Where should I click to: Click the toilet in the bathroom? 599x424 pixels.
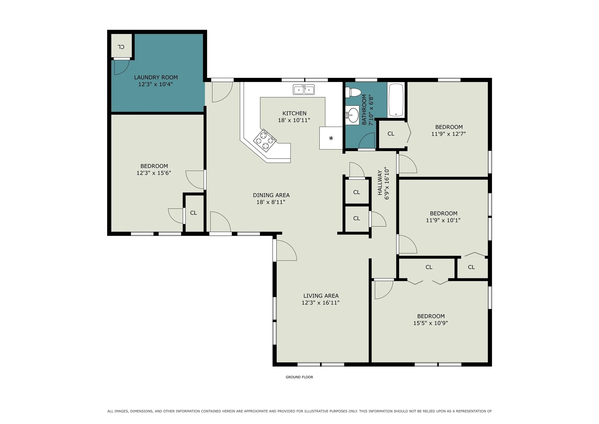point(353,92)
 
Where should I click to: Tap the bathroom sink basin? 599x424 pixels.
point(353,115)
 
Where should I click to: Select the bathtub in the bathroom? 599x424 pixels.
point(396,100)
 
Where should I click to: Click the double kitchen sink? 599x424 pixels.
point(304,90)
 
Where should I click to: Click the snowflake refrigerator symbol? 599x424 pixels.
point(331,138)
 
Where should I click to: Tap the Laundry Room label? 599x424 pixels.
point(156,77)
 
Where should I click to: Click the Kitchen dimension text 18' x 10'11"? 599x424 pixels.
point(294,120)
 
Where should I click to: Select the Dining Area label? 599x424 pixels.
point(271,195)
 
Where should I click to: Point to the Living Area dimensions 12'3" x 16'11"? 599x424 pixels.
point(321,303)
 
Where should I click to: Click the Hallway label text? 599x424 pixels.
point(380,183)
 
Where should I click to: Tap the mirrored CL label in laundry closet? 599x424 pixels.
point(121,47)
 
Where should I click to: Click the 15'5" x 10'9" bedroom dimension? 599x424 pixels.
point(430,323)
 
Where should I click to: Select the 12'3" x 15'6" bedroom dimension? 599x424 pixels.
point(154,173)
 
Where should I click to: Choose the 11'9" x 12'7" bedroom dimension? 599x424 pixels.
point(448,134)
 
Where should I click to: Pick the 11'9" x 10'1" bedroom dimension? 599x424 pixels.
point(443,220)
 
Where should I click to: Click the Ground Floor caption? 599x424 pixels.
point(299,377)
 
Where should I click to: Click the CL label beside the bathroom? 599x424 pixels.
point(391,134)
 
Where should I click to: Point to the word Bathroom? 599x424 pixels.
point(364,110)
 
